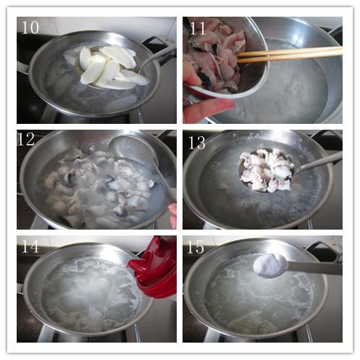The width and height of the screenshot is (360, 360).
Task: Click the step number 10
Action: (x=30, y=28)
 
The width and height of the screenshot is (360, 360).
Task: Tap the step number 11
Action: (x=198, y=28)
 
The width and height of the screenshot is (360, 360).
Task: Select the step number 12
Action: (x=27, y=139)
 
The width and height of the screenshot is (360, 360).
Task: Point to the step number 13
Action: (x=197, y=143)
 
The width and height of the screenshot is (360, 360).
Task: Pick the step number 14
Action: (x=30, y=246)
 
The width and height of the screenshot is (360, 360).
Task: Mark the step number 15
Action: (x=196, y=247)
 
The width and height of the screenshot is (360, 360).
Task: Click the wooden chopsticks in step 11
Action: (x=289, y=55)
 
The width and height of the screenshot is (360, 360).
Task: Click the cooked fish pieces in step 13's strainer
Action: (x=267, y=170)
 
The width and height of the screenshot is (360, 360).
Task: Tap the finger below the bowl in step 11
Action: (x=208, y=109)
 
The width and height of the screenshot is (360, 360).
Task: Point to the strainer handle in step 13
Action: (x=318, y=162)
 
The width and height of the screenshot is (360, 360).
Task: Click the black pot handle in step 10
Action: (x=156, y=41)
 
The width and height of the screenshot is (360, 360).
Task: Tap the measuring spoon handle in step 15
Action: (x=314, y=267)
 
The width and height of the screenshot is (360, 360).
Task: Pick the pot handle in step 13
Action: (x=327, y=135)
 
